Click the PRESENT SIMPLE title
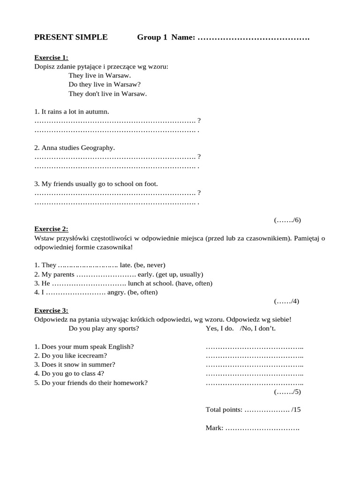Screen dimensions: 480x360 coord(71,37)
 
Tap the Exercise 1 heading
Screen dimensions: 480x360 coord(51,58)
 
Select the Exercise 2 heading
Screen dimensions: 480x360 coord(51,229)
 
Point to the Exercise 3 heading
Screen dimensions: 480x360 coord(51,310)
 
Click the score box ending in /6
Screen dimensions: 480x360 coord(287,220)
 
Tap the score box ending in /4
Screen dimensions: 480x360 coord(286,301)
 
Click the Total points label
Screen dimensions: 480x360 coord(224,410)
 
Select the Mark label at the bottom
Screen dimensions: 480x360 coord(215,428)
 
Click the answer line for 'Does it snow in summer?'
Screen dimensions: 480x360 coord(255,365)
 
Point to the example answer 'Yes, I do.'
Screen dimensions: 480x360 coord(219,329)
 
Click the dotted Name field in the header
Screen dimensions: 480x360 coord(254,37)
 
